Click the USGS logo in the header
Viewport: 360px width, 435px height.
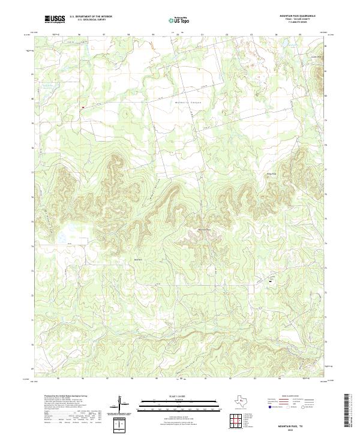pyautogui.click(x=55, y=19)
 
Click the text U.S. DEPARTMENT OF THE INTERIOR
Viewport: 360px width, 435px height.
pyautogui.click(x=91, y=17)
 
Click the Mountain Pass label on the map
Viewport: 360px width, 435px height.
pyautogui.click(x=205, y=229)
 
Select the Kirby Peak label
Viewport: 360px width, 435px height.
pyautogui.click(x=272, y=175)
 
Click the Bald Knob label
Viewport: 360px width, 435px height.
pyautogui.click(x=137, y=259)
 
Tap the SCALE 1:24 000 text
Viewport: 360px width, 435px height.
pyautogui.click(x=179, y=396)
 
